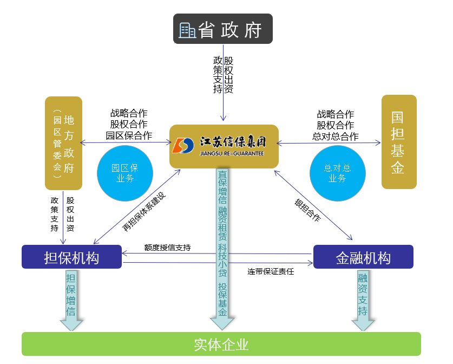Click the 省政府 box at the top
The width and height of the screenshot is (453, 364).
pyautogui.click(x=223, y=29)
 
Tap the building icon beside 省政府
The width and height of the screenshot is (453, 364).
pyautogui.click(x=187, y=30)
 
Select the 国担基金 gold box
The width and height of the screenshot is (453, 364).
pyautogui.click(x=399, y=142)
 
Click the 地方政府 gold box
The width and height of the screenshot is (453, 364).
pyautogui.click(x=64, y=143)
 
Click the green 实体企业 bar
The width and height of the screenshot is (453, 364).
pyautogui.click(x=221, y=344)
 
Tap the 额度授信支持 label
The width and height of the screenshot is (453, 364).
pyautogui.click(x=168, y=248)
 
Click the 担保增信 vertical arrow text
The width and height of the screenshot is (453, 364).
pyautogui.click(x=71, y=295)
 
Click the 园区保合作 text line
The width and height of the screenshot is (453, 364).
pyautogui.click(x=129, y=135)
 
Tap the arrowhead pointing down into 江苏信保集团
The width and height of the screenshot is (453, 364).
pyautogui.click(x=223, y=118)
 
